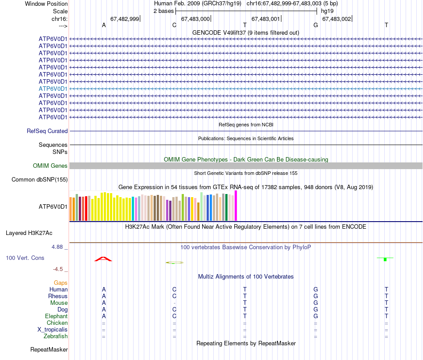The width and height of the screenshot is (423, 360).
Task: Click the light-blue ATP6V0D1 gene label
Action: [53, 89]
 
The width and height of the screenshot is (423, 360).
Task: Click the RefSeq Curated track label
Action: [47, 131]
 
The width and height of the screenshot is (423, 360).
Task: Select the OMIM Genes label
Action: [50, 166]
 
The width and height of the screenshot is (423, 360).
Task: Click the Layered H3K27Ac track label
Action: [29, 233]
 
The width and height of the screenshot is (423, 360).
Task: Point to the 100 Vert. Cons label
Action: [25, 258]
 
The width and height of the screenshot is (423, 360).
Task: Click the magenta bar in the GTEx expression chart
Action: [236, 206]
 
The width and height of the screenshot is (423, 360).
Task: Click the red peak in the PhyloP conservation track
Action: [103, 259]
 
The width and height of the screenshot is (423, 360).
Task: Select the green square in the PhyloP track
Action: [385, 259]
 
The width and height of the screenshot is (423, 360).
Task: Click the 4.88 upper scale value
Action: [59, 247]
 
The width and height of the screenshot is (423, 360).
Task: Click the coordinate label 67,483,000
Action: [195, 19]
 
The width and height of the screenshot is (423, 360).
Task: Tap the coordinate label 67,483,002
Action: [336, 19]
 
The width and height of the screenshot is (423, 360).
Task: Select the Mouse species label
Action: [59, 303]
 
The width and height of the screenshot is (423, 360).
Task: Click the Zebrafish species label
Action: [56, 336]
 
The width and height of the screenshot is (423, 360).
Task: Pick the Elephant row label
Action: [56, 316]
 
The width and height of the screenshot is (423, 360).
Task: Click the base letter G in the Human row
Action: [316, 290]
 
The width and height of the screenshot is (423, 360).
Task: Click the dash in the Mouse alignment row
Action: [175, 303]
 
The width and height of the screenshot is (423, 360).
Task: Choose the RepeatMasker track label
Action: [49, 350]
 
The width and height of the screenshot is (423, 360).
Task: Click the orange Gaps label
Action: [61, 283]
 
